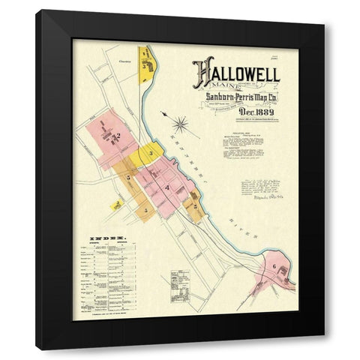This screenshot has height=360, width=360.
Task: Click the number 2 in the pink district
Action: (118, 136)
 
